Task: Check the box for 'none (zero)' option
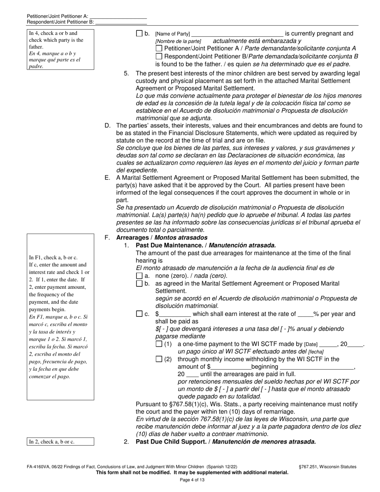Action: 139,276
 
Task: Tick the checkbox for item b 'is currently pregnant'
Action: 139,34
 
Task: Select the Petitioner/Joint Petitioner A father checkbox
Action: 159,49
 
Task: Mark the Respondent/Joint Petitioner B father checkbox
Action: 159,56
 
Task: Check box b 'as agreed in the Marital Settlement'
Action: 139,284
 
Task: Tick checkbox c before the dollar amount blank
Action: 139,314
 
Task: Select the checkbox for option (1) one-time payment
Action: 159,344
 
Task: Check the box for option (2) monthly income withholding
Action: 159,359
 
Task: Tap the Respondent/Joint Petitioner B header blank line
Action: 121,23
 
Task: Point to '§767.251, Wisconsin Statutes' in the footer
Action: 327,466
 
